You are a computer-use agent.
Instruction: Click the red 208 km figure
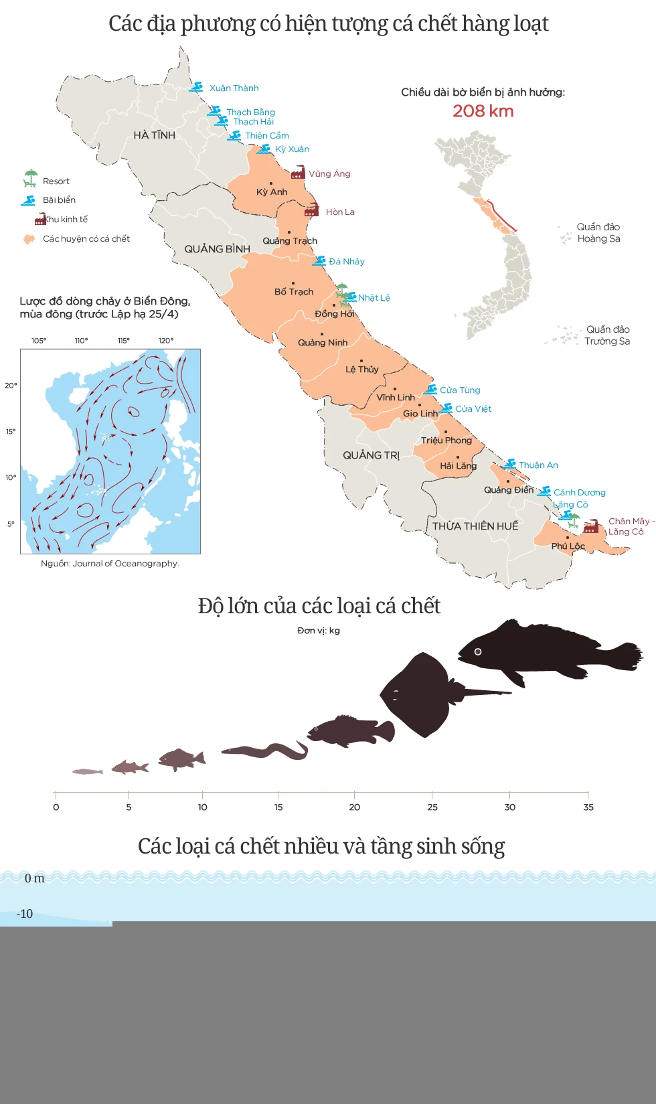pos(483,111)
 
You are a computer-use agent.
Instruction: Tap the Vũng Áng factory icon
pos(298,173)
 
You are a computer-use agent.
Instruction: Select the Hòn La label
pos(340,212)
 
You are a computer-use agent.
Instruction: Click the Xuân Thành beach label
pos(234,88)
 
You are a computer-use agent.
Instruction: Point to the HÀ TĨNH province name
pos(154,135)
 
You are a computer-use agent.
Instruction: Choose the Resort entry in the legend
pos(56,181)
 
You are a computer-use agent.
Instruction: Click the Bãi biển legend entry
pos(59,200)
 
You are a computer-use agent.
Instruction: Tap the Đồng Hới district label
pos(335,314)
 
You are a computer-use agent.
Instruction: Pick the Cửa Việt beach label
pos(473,409)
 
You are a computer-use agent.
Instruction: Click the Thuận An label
pos(538,465)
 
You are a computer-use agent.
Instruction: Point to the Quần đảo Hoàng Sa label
pos(598,233)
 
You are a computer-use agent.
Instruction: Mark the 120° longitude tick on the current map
pos(166,341)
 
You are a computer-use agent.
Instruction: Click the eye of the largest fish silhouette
pos(478,651)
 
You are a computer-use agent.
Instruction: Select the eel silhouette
pos(264,751)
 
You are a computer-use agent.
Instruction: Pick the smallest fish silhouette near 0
pos(88,772)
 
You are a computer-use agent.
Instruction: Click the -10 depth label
pos(25,914)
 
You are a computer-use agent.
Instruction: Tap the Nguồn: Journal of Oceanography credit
pos(110,564)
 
